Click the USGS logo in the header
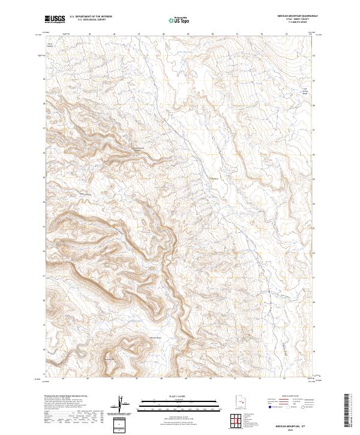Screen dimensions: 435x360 [55, 19]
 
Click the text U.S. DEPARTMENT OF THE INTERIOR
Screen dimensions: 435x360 [91, 17]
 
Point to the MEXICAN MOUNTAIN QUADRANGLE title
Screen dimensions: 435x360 [298, 16]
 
